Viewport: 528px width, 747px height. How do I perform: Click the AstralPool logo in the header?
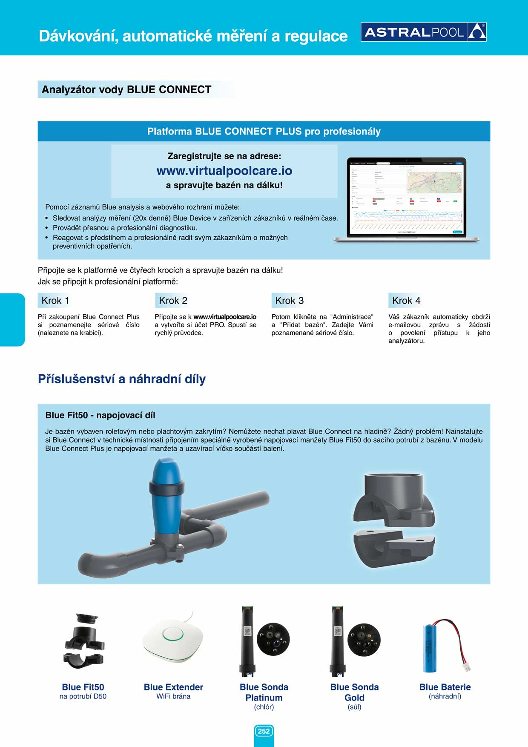click(423, 32)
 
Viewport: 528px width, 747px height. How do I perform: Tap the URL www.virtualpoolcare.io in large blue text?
click(224, 171)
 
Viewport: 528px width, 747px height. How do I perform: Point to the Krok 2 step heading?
click(173, 301)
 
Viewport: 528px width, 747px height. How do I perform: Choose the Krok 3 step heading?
click(289, 301)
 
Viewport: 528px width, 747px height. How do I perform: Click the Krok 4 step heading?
click(406, 301)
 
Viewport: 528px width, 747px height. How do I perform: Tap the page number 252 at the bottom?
click(264, 731)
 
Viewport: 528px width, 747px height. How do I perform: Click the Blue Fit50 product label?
click(83, 687)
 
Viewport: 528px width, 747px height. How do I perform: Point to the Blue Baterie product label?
click(445, 687)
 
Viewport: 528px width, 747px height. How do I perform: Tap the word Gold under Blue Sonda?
click(354, 698)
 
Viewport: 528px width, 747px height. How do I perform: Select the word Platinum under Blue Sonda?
click(264, 698)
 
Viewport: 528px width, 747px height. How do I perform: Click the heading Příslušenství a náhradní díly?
click(122, 379)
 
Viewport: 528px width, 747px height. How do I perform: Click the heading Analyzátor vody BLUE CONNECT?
click(126, 89)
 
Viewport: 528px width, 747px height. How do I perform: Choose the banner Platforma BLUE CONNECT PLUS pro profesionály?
click(264, 131)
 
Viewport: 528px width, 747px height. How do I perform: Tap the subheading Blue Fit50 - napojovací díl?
click(100, 415)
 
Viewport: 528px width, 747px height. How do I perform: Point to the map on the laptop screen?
click(434, 182)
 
